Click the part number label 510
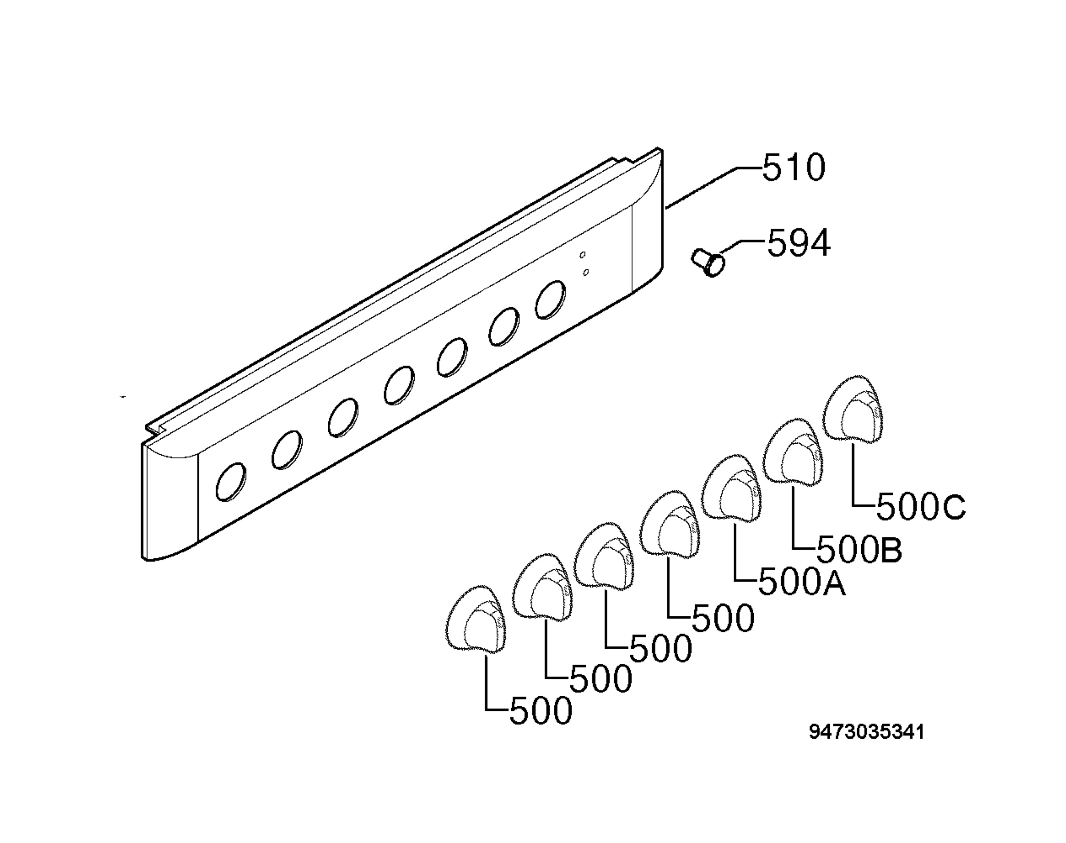click(793, 167)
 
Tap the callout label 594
click(798, 243)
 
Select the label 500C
click(921, 508)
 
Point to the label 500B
click(859, 550)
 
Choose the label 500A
click(801, 583)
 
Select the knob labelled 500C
click(854, 408)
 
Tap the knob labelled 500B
click(793, 451)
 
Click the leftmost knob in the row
click(476, 619)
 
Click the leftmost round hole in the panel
click(231, 482)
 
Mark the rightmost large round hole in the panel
click(551, 299)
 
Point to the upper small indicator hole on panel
click(582, 255)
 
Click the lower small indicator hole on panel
click(585, 272)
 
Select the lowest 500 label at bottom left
click(541, 711)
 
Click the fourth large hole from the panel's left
click(399, 385)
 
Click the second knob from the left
click(542, 587)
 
